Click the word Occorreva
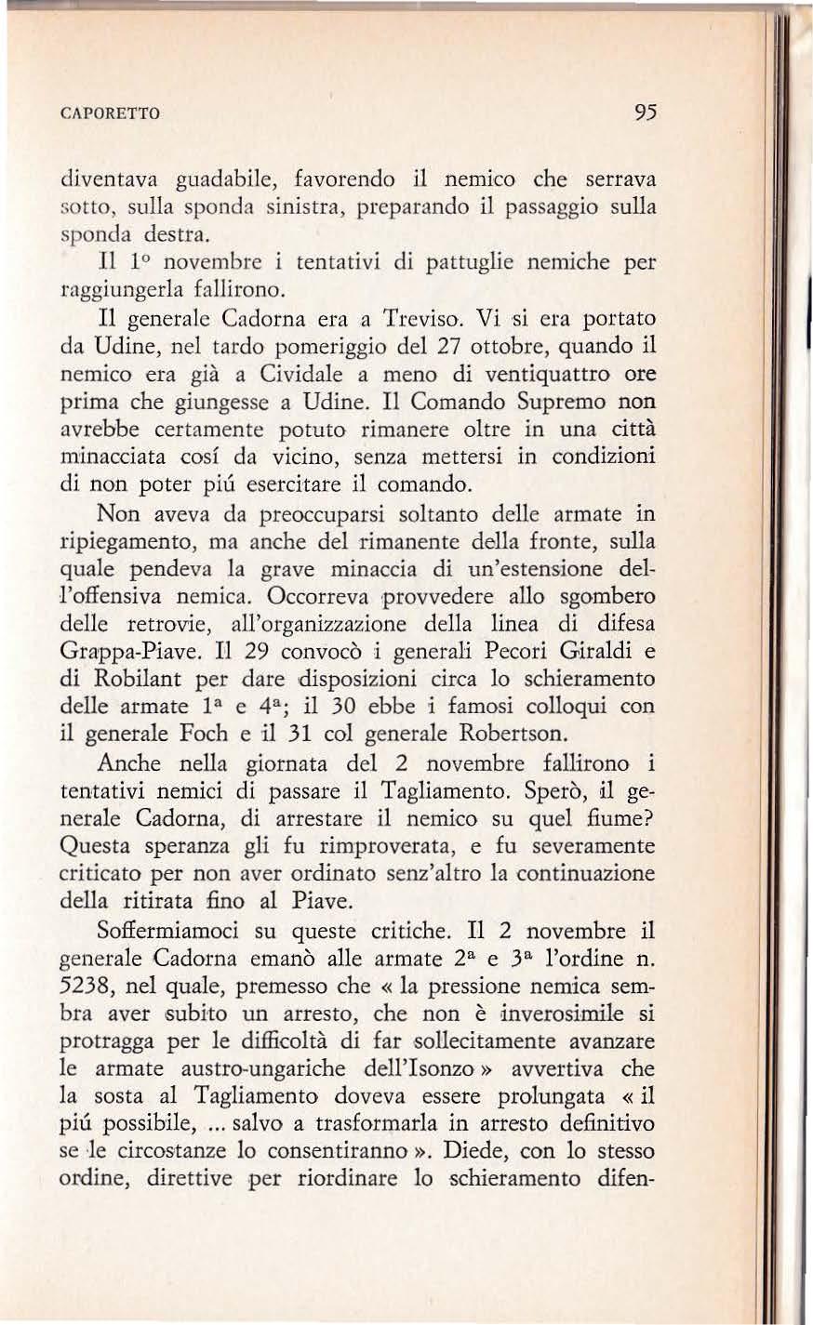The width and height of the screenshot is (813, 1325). coord(321,596)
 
